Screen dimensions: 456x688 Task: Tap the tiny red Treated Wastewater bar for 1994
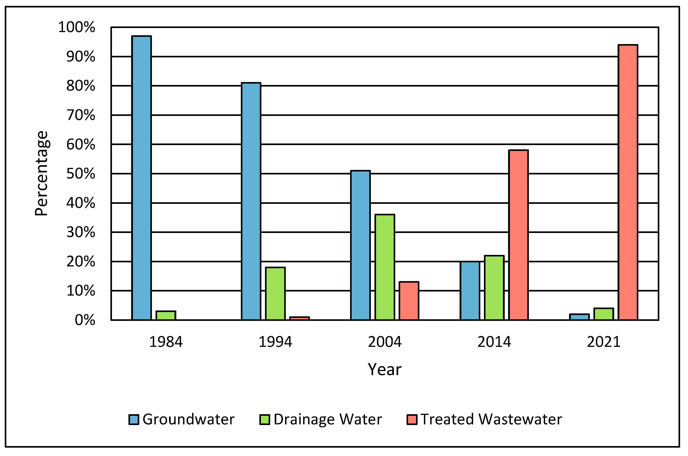coord(300,318)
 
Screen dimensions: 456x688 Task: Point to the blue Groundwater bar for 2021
coord(579,317)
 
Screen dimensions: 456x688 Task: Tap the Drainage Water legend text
coord(328,420)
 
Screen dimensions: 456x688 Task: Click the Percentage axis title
coord(41,174)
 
